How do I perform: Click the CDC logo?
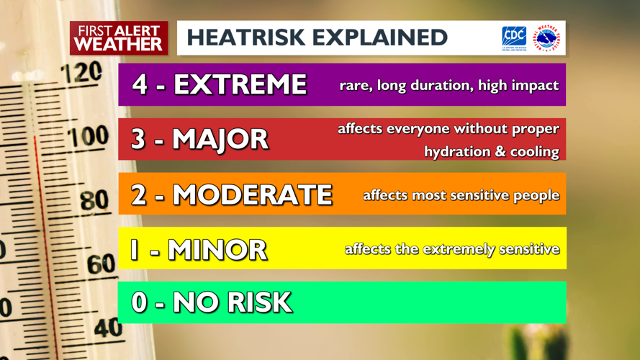pos(514,37)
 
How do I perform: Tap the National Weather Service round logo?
pos(548,38)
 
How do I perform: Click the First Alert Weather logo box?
pos(119,37)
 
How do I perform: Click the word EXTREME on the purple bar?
pos(240,85)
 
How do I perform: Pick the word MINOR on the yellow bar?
pos(217,249)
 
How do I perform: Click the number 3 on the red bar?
pos(139,140)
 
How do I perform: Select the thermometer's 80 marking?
pos(94,200)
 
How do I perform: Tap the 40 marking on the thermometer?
pos(108,328)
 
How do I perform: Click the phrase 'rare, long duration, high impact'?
pos(449,85)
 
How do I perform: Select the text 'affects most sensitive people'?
pos(461,195)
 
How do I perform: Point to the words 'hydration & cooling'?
pos(492,152)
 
